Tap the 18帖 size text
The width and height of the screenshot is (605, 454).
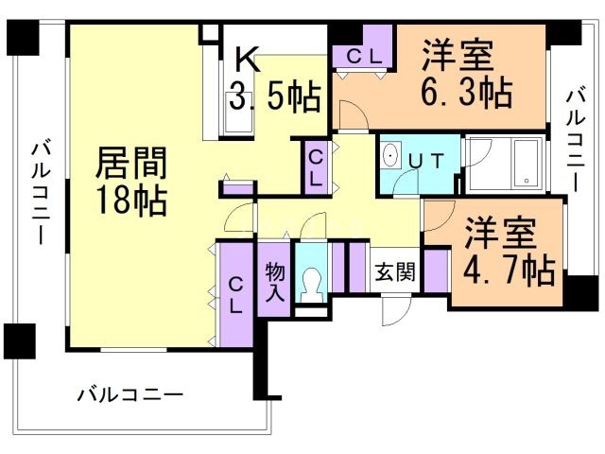(131, 200)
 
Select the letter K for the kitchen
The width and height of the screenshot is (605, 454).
(246, 61)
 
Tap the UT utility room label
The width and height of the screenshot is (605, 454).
(423, 161)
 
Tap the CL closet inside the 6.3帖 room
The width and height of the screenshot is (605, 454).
(364, 55)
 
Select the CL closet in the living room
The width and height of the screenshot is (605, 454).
(235, 294)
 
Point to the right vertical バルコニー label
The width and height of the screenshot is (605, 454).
(575, 138)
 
